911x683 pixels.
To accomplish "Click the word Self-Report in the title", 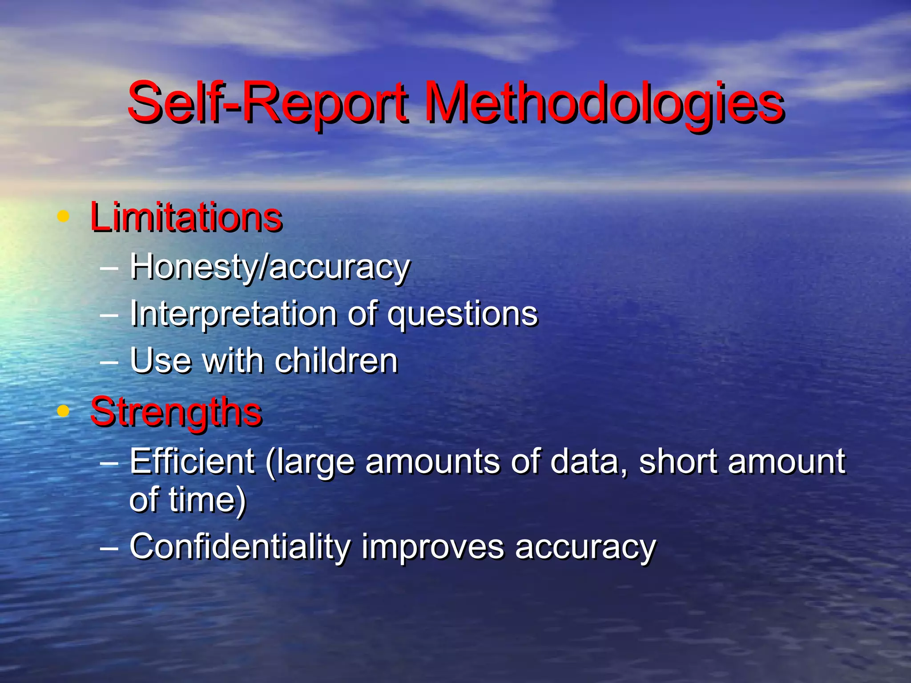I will (x=267, y=103).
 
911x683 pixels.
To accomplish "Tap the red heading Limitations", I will (x=186, y=218).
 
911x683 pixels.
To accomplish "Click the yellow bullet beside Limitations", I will (x=64, y=217).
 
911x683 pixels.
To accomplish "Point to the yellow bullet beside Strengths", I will (x=64, y=411).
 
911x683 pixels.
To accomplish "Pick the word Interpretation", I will (x=233, y=314).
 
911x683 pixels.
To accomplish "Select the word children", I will (x=336, y=360).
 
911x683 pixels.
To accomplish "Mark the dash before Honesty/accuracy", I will (x=109, y=268).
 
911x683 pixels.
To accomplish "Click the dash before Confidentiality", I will (x=109, y=547).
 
